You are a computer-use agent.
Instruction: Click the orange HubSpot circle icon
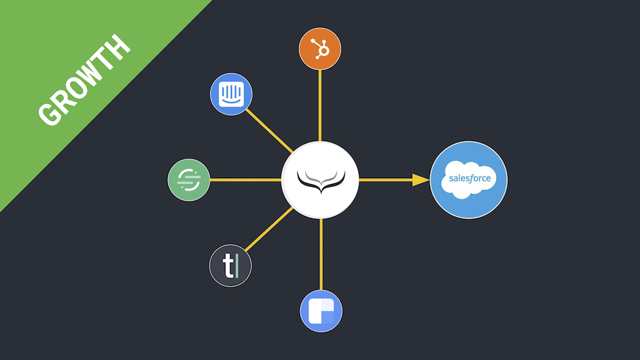click(320, 49)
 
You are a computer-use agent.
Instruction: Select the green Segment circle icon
click(189, 180)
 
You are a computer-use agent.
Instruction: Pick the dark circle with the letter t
click(230, 266)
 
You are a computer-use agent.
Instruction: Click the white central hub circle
click(320, 180)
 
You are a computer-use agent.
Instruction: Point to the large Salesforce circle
click(469, 180)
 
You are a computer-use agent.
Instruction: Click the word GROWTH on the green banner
click(84, 81)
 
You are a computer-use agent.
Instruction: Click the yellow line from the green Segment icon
click(245, 180)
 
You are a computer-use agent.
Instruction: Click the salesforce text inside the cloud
click(469, 179)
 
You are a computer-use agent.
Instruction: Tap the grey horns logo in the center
click(320, 180)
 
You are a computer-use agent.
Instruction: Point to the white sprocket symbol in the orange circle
click(321, 49)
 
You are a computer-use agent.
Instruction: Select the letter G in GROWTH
click(49, 115)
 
